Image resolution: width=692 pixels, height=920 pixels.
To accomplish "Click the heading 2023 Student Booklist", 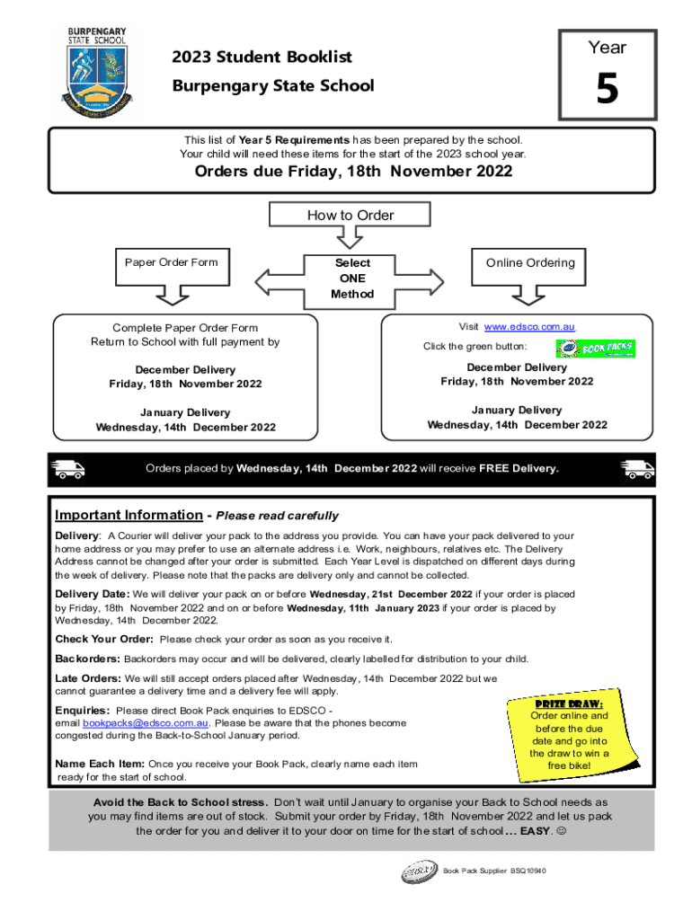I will point(262,57).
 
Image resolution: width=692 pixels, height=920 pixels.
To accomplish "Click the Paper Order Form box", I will point(171,262).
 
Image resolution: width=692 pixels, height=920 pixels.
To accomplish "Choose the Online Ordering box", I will point(529,262).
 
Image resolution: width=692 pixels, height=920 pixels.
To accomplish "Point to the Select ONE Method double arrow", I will point(351,279).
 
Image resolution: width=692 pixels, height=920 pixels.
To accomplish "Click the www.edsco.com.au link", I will point(529,327).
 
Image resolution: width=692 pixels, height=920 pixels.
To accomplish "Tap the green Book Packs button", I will point(595,349).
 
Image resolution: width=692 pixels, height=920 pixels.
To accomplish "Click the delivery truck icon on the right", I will point(637,468).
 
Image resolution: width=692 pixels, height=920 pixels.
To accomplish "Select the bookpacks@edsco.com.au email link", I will point(146,722).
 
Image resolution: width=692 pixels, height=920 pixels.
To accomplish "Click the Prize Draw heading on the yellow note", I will point(569,702).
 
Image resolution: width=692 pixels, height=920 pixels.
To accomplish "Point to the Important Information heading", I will point(129,515).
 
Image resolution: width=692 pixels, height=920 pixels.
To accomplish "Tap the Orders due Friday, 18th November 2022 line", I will point(353,172).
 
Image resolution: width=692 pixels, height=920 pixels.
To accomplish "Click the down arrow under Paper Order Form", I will point(171,295).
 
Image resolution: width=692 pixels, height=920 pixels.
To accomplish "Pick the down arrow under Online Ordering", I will point(529,295).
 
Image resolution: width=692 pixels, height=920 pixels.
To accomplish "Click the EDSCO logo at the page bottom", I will point(419,871).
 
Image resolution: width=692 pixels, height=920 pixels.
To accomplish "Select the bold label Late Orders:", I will point(88,678).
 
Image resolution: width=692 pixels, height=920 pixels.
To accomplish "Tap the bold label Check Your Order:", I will point(104,639).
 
